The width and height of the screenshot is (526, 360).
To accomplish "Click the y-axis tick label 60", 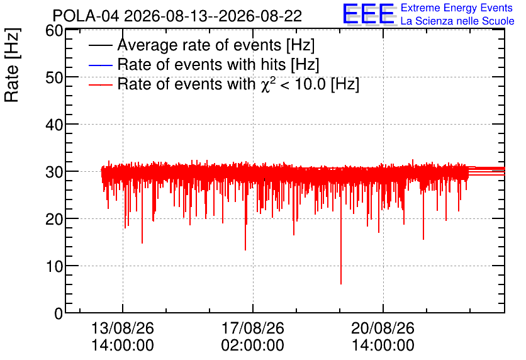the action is coord(54,31).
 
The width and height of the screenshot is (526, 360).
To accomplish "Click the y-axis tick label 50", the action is coord(54,78).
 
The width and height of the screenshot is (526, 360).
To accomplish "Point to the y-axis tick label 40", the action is coord(54,125).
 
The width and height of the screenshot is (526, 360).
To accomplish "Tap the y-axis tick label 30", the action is coord(54,172).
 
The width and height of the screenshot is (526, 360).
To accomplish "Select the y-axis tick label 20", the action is coord(54,220).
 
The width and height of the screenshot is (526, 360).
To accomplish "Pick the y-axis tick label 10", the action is coord(54,267).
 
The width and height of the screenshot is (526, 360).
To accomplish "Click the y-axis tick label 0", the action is coord(59,313).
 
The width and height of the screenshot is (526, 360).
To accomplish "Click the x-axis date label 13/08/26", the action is coord(123,328).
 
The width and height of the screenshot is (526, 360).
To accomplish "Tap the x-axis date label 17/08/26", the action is coord(252,328).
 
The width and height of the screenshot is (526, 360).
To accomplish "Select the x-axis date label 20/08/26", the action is coord(383,328).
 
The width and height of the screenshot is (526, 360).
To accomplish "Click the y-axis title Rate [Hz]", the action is coord(12,65).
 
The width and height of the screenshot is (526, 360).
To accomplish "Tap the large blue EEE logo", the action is coord(368,14).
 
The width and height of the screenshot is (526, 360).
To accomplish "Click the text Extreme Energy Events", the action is coord(457,8).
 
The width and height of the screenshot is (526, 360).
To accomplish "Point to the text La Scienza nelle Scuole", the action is coord(457,21).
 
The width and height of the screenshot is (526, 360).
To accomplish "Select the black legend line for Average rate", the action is coord(100,45).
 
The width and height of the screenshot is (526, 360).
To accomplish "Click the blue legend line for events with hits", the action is coord(100,65).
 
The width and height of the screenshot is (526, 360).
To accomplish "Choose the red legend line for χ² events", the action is coord(100,84).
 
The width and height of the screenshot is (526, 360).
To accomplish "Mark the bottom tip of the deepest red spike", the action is coord(341,284).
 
